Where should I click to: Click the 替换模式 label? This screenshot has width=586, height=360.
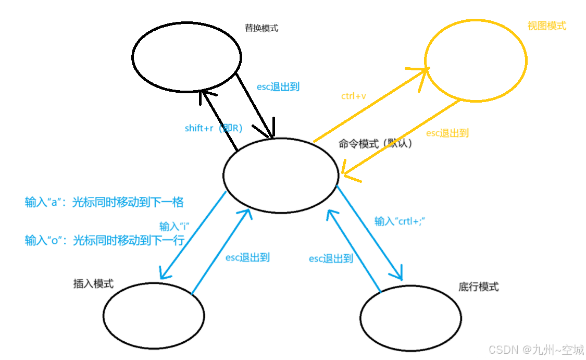click(x=261, y=28)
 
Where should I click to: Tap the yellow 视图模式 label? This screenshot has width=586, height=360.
click(x=546, y=26)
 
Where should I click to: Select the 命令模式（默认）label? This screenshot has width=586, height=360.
click(x=376, y=144)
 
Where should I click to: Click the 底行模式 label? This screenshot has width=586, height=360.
click(x=478, y=287)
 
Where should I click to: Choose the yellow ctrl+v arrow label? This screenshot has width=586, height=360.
click(x=355, y=96)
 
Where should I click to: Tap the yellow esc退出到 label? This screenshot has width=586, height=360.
click(x=447, y=133)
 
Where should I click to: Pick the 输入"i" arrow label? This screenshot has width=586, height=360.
click(x=173, y=226)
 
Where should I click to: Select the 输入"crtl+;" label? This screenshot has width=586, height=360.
click(x=400, y=221)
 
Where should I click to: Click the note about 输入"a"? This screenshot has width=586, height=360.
click(x=104, y=202)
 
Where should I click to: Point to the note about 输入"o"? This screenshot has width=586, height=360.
click(x=104, y=240)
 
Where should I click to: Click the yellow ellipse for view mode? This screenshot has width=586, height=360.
click(x=476, y=60)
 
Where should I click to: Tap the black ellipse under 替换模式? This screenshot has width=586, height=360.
click(x=186, y=56)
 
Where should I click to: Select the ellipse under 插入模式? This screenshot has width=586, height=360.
click(x=153, y=314)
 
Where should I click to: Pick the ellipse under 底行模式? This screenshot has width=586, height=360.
click(x=410, y=318)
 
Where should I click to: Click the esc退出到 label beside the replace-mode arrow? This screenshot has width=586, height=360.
click(x=278, y=87)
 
